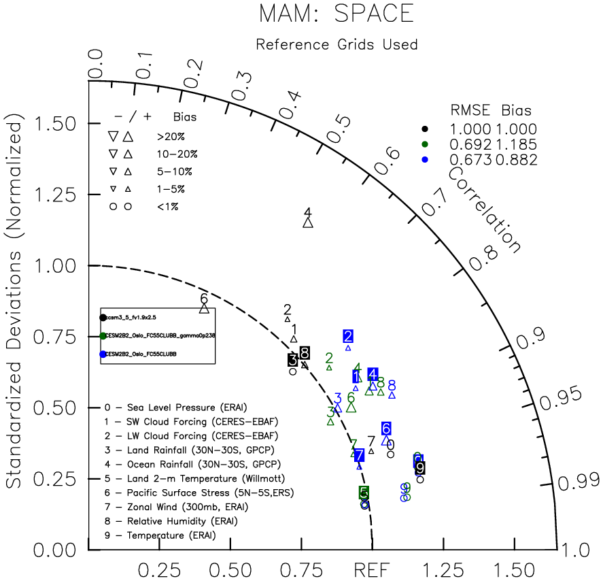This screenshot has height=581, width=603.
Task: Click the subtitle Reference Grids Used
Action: pyautogui.click(x=337, y=45)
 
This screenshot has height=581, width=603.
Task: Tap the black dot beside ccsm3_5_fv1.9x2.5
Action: pyautogui.click(x=103, y=318)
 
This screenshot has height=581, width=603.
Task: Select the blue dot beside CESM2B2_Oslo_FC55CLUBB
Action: pyautogui.click(x=103, y=354)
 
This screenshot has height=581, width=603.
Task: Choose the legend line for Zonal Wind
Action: pyautogui.click(x=176, y=506)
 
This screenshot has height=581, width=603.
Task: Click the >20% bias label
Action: pyautogui.click(x=169, y=135)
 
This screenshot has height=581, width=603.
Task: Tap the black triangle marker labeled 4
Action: pyautogui.click(x=308, y=222)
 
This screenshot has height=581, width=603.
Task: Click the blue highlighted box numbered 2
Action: pyautogui.click(x=348, y=336)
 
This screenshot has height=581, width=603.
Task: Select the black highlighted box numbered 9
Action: pyautogui.click(x=420, y=467)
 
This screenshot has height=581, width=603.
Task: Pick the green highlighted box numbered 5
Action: pyautogui.click(x=364, y=492)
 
